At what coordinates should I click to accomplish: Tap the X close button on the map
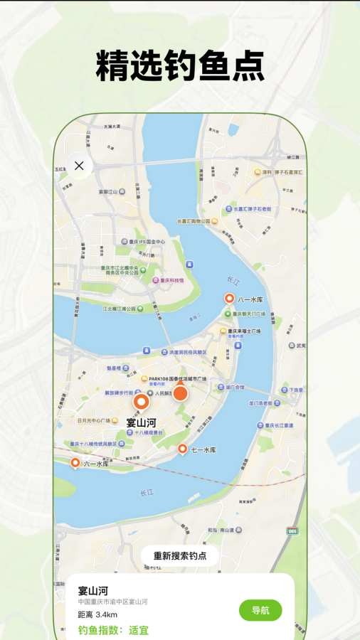(x=79, y=166)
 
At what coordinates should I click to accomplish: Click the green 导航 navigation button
(x=260, y=610)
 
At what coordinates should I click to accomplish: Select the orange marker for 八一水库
(x=229, y=299)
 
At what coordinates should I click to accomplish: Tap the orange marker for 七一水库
(x=182, y=449)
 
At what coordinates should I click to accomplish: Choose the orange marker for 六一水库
(x=75, y=464)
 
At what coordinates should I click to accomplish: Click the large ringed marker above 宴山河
(x=142, y=403)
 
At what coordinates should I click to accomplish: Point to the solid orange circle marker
(x=180, y=393)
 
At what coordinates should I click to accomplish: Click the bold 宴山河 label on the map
(x=141, y=422)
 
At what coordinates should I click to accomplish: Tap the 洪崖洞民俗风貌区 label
(x=187, y=352)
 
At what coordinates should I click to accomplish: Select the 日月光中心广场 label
(x=86, y=420)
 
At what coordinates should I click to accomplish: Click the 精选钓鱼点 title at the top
(x=180, y=68)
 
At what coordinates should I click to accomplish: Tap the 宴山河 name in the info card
(x=93, y=590)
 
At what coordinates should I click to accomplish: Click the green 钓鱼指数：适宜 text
(x=113, y=630)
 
